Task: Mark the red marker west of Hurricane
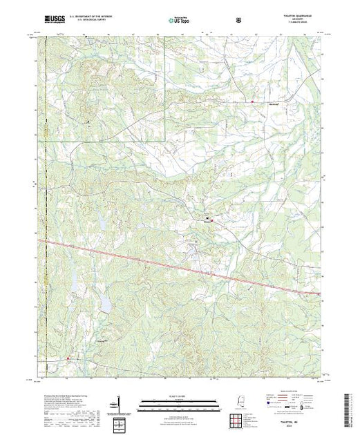(x=252, y=103)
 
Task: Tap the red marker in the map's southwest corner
(x=68, y=358)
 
